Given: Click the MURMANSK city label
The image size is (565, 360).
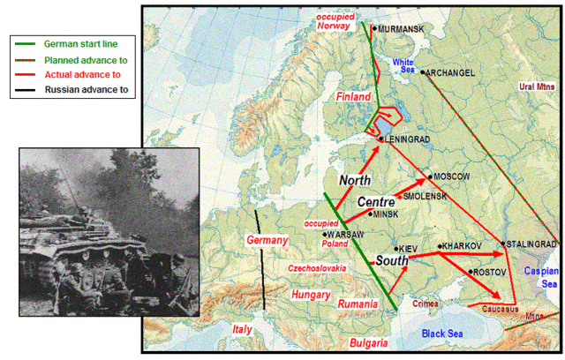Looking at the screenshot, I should pyautogui.click(x=401, y=29).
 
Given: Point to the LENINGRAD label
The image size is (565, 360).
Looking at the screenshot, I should pyautogui.click(x=408, y=139).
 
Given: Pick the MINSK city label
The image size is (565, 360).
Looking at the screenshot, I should pyautogui.click(x=388, y=214).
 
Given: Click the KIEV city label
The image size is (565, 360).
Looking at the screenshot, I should pyautogui.click(x=408, y=250).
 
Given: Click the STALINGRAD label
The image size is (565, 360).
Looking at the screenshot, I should pyautogui.click(x=531, y=244).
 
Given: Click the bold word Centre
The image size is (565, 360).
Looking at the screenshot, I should pyautogui.click(x=375, y=202).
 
